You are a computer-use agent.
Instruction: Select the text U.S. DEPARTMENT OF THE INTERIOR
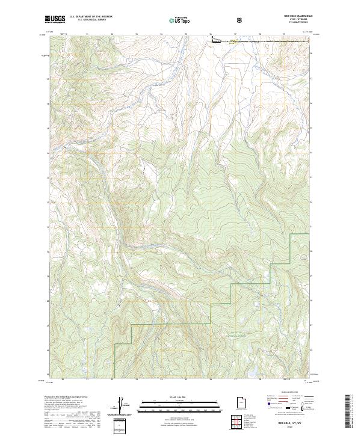pos(91,16)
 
